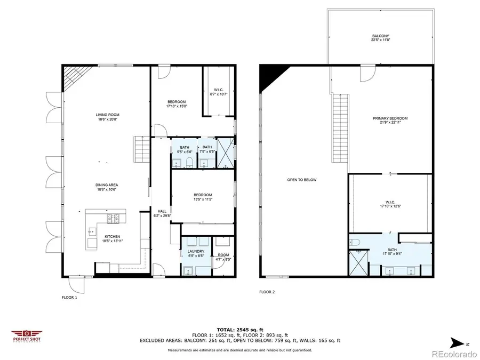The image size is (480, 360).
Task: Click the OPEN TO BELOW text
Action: click(x=302, y=180)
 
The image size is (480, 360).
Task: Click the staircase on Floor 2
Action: click(x=340, y=128)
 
